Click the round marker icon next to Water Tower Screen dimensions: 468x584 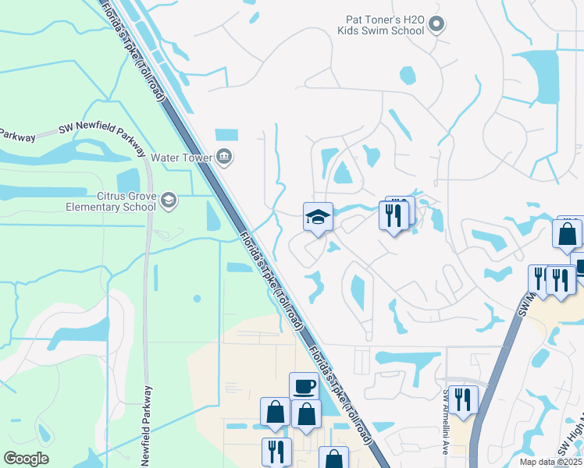[x=225, y=157]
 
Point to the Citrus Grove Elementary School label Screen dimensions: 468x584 [x=111, y=202]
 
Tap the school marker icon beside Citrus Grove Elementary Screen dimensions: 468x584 [x=167, y=202]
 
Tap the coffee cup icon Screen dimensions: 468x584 [x=304, y=385]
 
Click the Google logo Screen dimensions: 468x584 [x=26, y=459]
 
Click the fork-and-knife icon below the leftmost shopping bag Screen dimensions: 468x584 [x=276, y=451]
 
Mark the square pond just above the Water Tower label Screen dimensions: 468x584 [x=226, y=134]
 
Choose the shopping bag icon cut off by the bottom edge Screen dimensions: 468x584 [x=333, y=458]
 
